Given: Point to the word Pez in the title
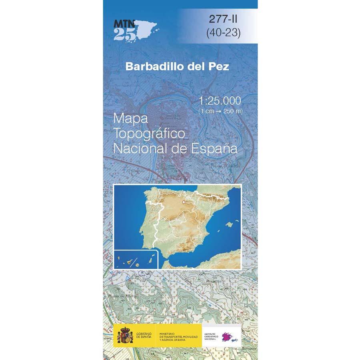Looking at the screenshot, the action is click(x=218, y=67).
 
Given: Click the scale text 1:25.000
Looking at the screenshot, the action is click(x=220, y=101).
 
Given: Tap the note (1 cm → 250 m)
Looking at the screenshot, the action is click(x=220, y=111).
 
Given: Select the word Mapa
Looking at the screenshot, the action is click(x=131, y=119).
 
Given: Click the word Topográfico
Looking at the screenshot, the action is click(x=149, y=134).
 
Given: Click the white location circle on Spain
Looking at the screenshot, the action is click(x=184, y=203).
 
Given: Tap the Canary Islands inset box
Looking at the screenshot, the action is click(x=136, y=259).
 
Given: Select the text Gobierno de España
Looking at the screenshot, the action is click(x=144, y=334).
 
